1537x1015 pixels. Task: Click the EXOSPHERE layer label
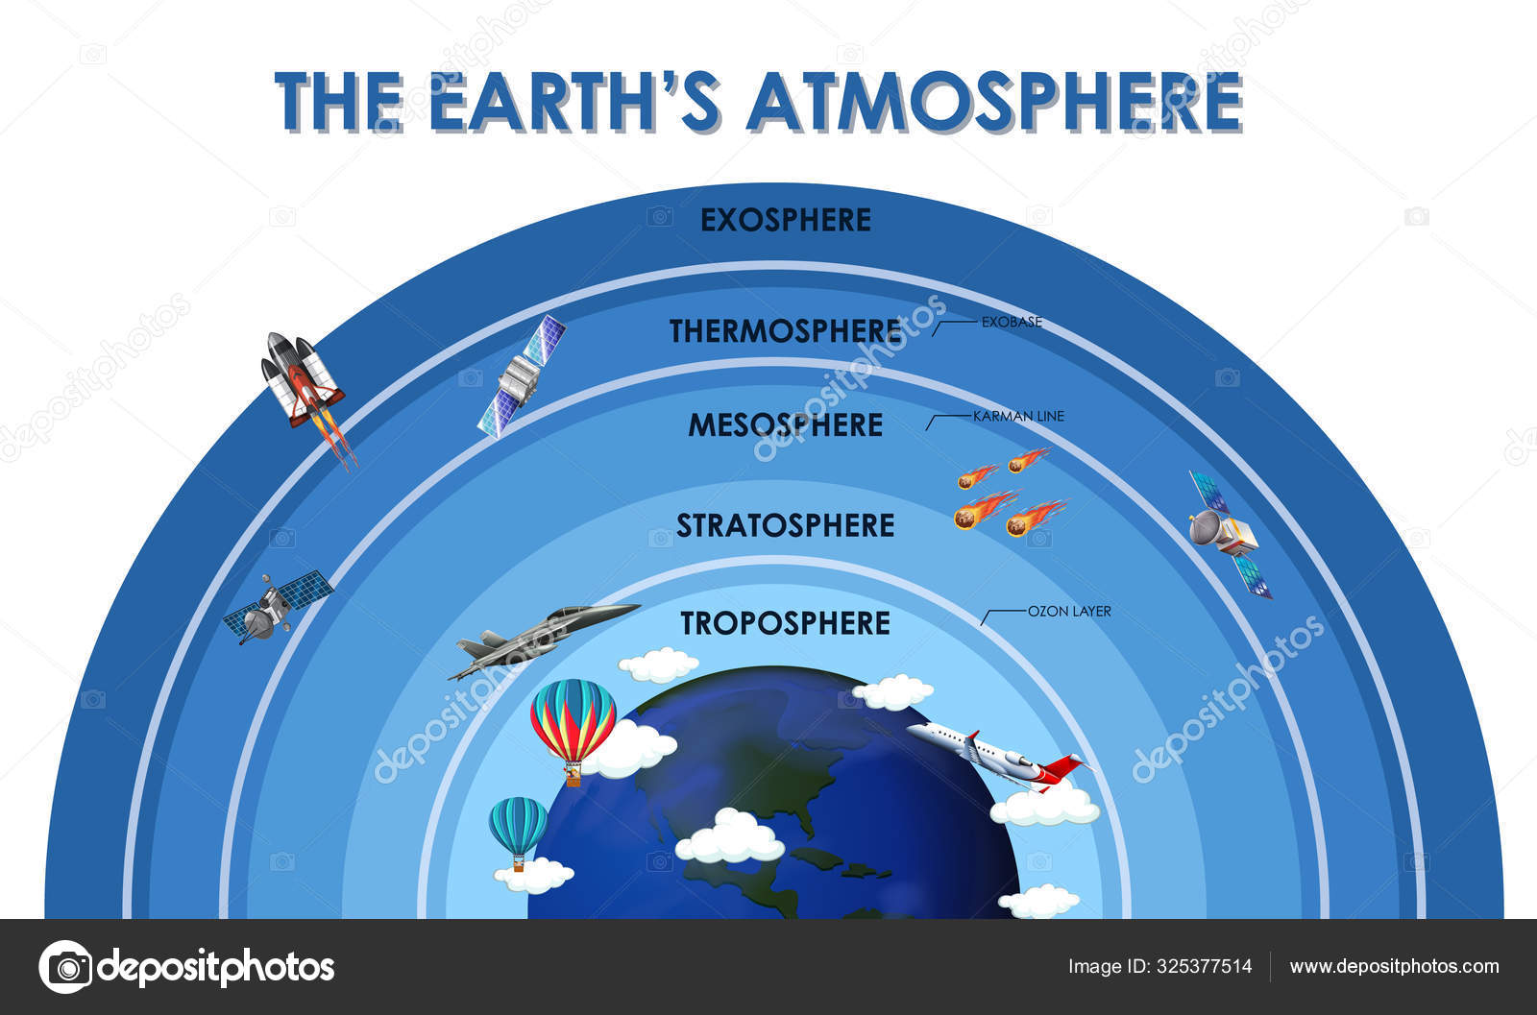[x=786, y=220]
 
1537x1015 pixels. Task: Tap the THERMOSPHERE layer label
[x=786, y=331]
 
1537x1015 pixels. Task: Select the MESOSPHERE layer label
[x=786, y=425]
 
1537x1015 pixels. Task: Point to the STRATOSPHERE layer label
[x=786, y=526]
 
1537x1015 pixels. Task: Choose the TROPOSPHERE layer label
[x=786, y=623]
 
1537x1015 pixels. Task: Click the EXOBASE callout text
[x=1012, y=323]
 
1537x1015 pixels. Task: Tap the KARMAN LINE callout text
[x=1019, y=417]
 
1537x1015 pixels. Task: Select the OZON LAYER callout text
[x=1069, y=611]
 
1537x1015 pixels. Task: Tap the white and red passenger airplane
[x=1000, y=757]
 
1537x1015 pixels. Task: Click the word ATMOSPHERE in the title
[x=995, y=102]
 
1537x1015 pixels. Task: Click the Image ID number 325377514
[x=1205, y=966]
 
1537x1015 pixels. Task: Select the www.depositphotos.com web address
[x=1394, y=966]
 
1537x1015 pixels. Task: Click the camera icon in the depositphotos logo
[x=66, y=967]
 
